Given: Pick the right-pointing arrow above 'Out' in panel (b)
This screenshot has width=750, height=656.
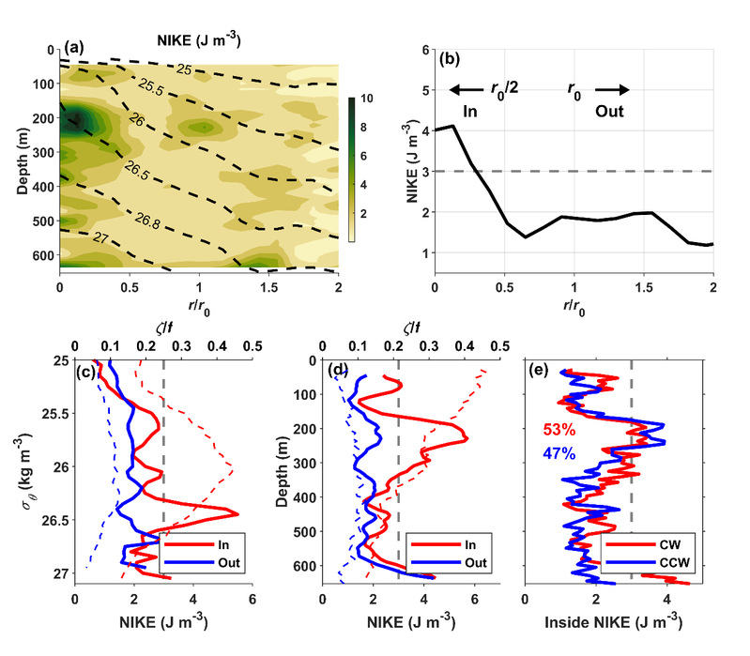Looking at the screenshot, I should pos(613,90).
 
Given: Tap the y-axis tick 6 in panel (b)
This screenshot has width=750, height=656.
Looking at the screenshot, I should pos(424,50).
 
